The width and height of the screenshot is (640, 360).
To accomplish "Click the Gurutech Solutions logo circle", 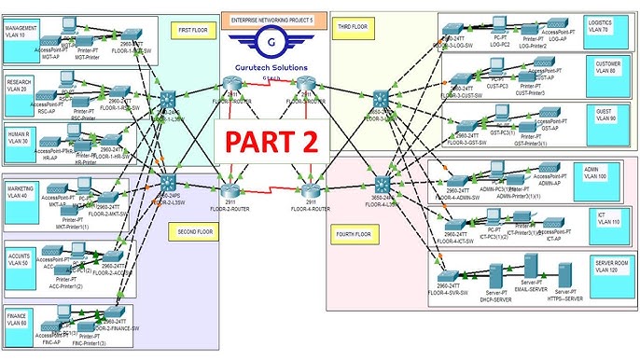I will click(x=270, y=42).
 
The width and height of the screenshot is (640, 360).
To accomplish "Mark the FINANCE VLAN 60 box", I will click(x=21, y=320).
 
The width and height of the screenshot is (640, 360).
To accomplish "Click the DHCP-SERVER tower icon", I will click(x=497, y=277).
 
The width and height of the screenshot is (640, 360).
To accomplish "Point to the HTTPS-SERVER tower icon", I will click(x=563, y=276).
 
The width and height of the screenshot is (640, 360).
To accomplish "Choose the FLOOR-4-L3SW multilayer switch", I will click(x=380, y=184).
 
